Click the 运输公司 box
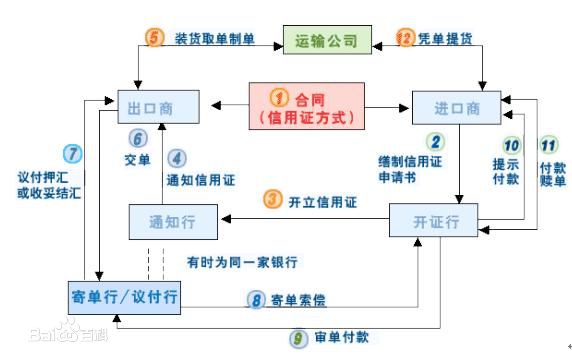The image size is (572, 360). pos(327,41)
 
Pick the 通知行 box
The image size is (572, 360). pos(172,220)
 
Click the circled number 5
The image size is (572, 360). pos(154,39)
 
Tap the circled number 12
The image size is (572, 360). pos(406,38)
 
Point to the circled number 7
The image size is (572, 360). pos(71,154)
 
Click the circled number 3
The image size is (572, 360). pos(273,199)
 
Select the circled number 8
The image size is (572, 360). pos(256,299)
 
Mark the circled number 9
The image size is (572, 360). pos(298,338)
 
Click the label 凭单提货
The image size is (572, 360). pos(446,38)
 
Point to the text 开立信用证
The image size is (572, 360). pos(322,199)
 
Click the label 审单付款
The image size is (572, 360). pos(340,338)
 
